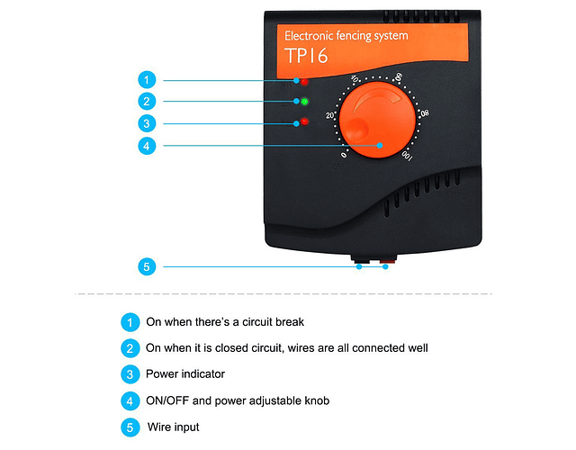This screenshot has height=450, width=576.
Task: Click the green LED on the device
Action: [305, 101]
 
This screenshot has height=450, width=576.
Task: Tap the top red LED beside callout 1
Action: [304, 82]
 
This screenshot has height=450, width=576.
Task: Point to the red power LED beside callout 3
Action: [304, 121]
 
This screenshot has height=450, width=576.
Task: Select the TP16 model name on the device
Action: [308, 57]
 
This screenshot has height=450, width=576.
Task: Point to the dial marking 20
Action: [330, 116]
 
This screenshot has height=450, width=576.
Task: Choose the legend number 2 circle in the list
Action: [130, 347]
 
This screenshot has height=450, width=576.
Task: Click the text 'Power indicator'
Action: [185, 373]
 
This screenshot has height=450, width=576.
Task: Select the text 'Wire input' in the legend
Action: [174, 427]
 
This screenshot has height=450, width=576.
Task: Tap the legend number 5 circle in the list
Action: [130, 427]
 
